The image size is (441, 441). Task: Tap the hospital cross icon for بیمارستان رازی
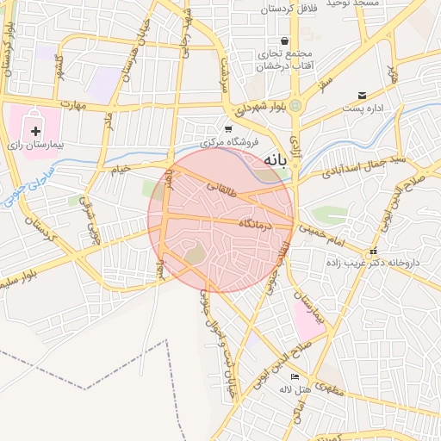coord(35,131)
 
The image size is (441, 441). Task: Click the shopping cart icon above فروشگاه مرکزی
coord(228,127)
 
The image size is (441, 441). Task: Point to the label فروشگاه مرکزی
coord(229,141)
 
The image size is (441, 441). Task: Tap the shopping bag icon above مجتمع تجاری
coord(284,40)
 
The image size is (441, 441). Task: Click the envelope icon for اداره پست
coord(362,95)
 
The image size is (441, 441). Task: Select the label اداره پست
coord(363,109)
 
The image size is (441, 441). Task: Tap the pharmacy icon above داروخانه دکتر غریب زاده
coord(372,251)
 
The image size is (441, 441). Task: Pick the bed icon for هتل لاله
coord(295,376)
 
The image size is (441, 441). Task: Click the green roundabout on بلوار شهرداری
coord(295,105)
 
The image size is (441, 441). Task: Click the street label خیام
coord(117,170)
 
